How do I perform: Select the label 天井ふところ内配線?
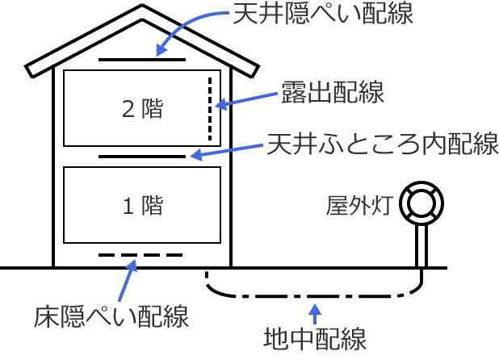tap(381, 145)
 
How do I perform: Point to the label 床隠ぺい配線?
tap(112, 316)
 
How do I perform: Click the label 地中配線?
tap(316, 337)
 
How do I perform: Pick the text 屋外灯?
tap(359, 206)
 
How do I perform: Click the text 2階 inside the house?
tap(142, 109)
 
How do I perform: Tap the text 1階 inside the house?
tap(142, 206)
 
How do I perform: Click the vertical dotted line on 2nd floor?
tap(210, 108)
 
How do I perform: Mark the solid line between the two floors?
tap(142, 155)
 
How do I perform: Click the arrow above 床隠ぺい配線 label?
tap(128, 279)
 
